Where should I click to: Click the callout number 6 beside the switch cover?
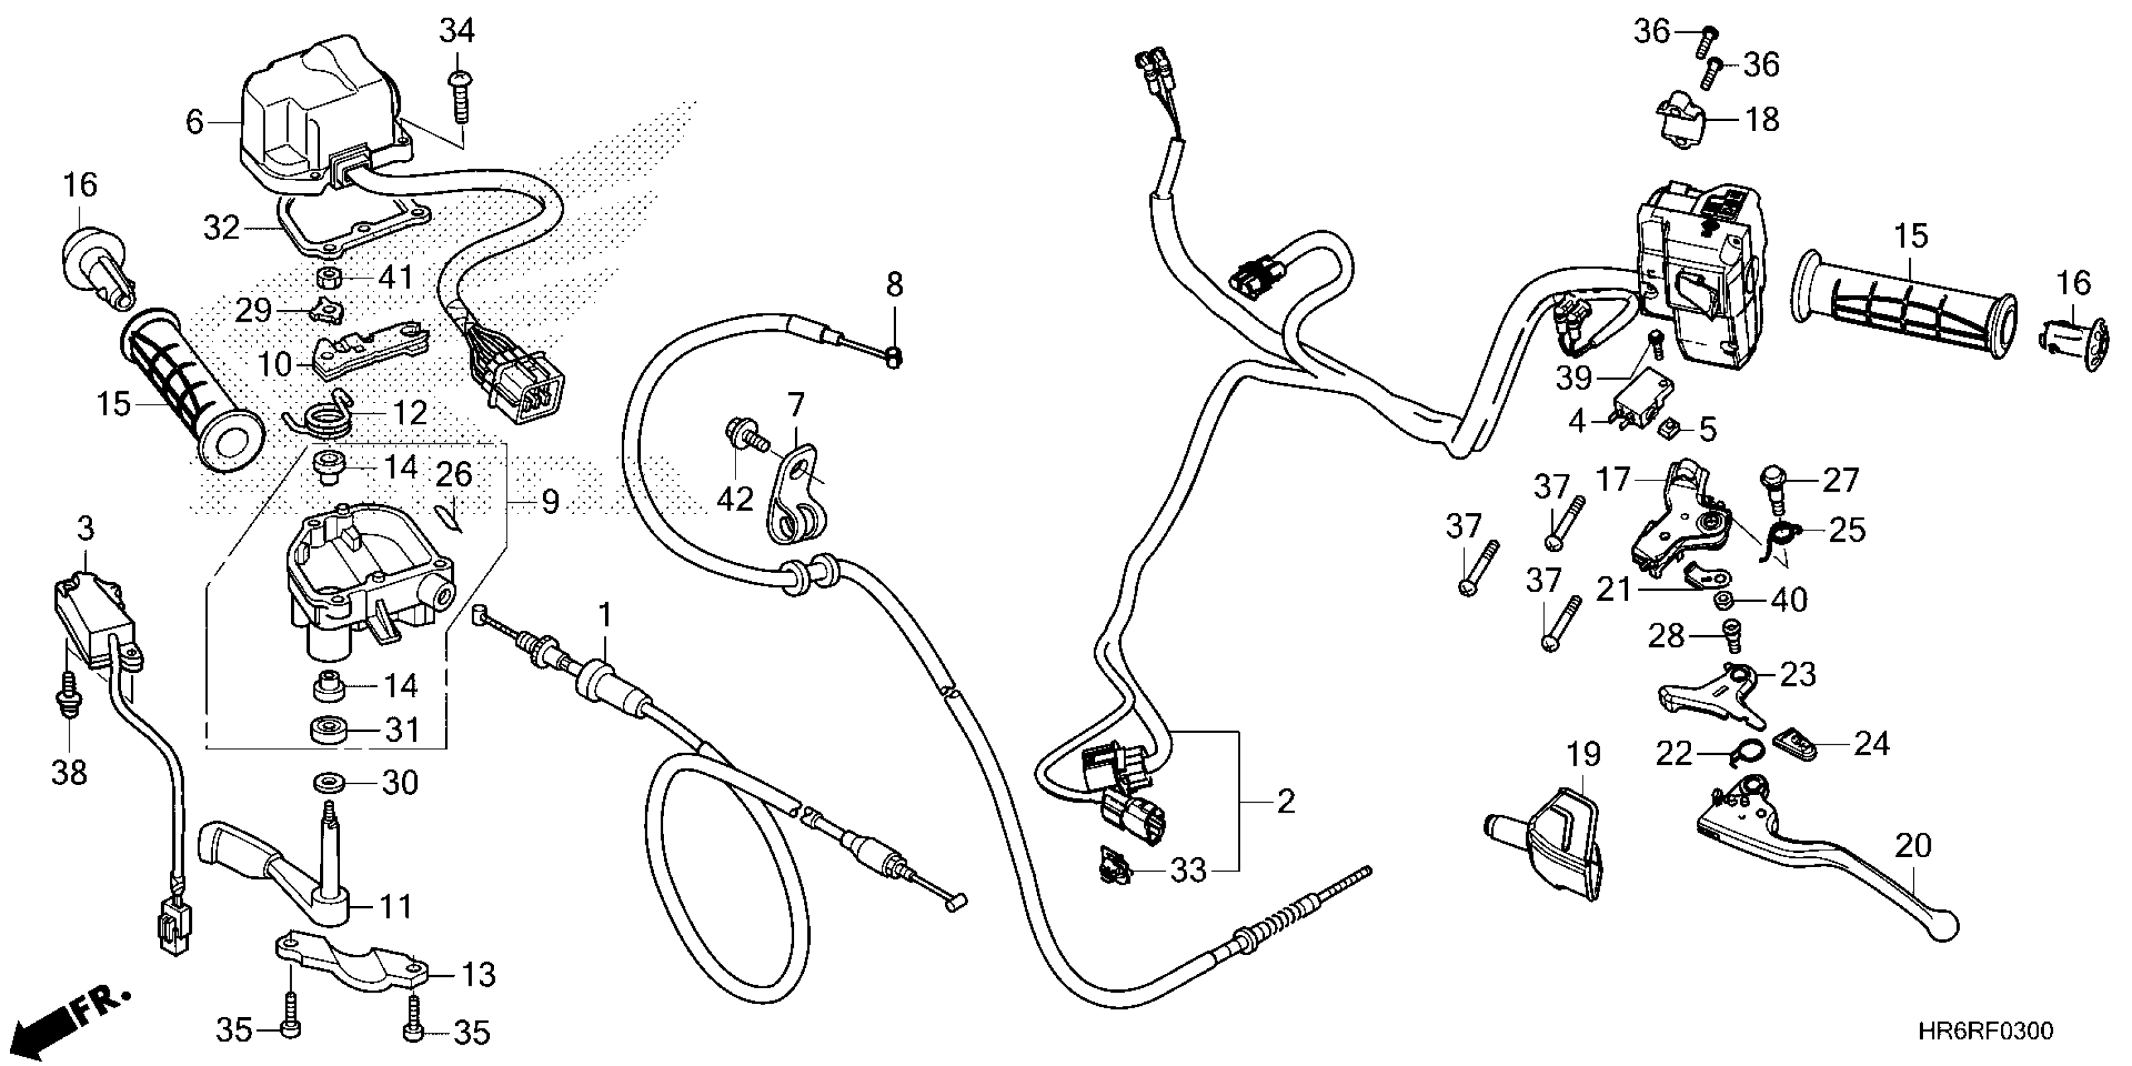click(x=194, y=122)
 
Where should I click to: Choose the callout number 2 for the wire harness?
click(x=1285, y=801)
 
